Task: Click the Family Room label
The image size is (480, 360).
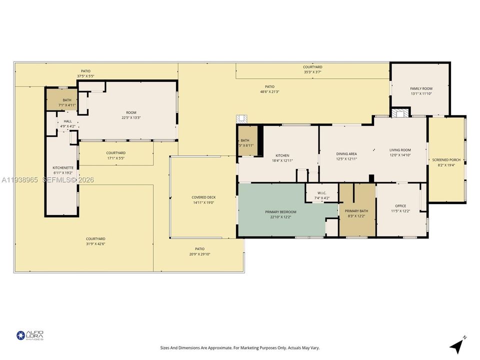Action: pos(421,88)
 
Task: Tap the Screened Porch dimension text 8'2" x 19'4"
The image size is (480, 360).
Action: pos(446,164)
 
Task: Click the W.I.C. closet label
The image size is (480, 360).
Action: pos(322,193)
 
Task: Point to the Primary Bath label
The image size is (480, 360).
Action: pos(356,211)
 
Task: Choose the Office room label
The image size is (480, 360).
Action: pos(400,206)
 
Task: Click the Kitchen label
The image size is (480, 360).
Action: pos(282,155)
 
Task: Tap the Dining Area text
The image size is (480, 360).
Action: pos(346,154)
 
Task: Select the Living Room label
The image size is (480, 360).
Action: pos(400,150)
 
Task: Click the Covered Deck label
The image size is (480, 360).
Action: pos(203,197)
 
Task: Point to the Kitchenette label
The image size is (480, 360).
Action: pos(63,167)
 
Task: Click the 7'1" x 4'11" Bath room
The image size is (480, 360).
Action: pos(62,100)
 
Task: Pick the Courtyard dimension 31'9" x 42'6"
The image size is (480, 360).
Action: pos(95,244)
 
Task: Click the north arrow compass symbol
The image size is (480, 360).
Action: pos(457,346)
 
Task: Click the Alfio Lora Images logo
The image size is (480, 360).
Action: pos(30,335)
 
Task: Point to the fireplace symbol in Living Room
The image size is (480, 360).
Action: pos(400,113)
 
